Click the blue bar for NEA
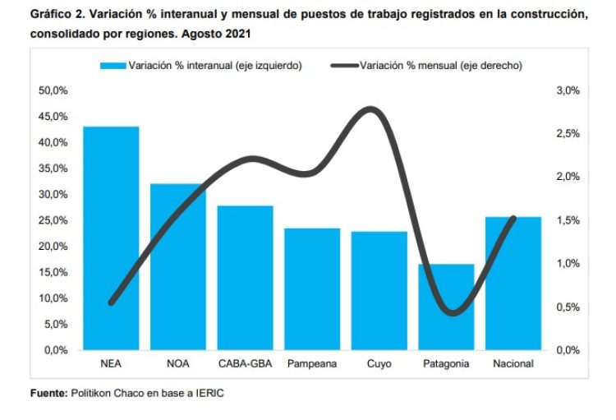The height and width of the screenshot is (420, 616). (x=111, y=238)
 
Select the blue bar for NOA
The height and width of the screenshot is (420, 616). (x=177, y=267)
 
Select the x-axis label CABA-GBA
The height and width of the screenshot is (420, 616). (x=245, y=363)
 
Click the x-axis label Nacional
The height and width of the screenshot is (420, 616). (x=513, y=363)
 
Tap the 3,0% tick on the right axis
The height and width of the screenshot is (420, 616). (x=568, y=90)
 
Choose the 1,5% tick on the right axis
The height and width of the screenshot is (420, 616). (x=568, y=220)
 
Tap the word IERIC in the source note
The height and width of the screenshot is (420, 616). (x=209, y=393)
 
